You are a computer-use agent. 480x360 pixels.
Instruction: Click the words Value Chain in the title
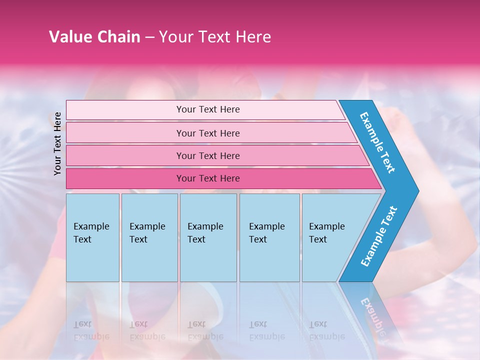click(94, 37)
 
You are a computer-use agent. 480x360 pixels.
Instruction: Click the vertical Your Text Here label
click(57, 143)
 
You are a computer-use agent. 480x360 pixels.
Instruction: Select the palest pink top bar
click(125, 110)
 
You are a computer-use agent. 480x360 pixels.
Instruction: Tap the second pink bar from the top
click(125, 133)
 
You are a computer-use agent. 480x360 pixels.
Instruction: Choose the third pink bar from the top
click(125, 155)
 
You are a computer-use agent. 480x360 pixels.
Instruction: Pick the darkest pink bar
click(125, 178)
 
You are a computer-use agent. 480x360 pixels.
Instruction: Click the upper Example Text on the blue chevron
click(377, 142)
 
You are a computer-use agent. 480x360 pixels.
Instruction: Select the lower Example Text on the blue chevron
click(379, 236)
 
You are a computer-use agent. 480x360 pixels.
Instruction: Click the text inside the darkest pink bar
click(208, 178)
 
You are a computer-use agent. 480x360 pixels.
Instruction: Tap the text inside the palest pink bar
click(208, 109)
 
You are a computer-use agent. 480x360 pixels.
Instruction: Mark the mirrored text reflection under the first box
click(91, 330)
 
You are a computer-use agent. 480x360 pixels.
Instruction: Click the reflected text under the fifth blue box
click(326, 330)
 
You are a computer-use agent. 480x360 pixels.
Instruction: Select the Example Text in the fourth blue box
click(266, 233)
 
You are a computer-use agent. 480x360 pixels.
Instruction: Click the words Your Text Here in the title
click(215, 37)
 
